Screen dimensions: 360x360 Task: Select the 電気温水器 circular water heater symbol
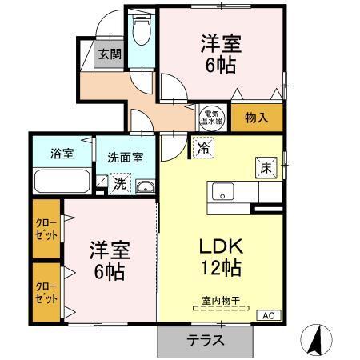pyautogui.click(x=212, y=117)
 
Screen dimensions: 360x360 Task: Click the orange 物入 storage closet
pyautogui.click(x=257, y=118)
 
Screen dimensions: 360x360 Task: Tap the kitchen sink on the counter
pyautogui.click(x=221, y=193)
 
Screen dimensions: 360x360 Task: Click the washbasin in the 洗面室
pyautogui.click(x=145, y=187)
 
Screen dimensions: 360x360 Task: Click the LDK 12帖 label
pyautogui.click(x=220, y=256)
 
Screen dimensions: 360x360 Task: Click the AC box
pyautogui.click(x=267, y=316)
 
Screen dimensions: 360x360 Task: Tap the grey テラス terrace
pyautogui.click(x=206, y=339)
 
